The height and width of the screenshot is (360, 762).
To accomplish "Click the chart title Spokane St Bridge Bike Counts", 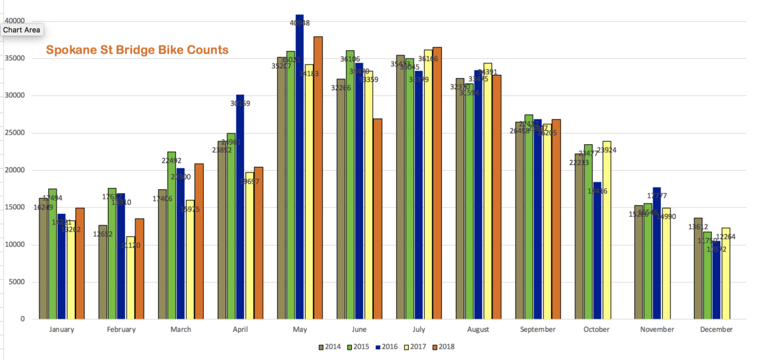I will point(137,50).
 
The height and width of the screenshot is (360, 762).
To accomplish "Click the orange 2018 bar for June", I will point(377,219).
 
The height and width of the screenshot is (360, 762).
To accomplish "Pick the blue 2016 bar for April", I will point(240,210).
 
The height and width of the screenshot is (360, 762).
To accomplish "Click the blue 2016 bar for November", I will point(657,254).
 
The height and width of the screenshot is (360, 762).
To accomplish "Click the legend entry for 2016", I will point(387,347).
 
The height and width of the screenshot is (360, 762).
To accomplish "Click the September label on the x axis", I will point(537,330).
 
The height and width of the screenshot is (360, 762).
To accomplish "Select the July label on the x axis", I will point(418,330).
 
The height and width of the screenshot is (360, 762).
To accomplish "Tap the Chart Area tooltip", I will point(22,29).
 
